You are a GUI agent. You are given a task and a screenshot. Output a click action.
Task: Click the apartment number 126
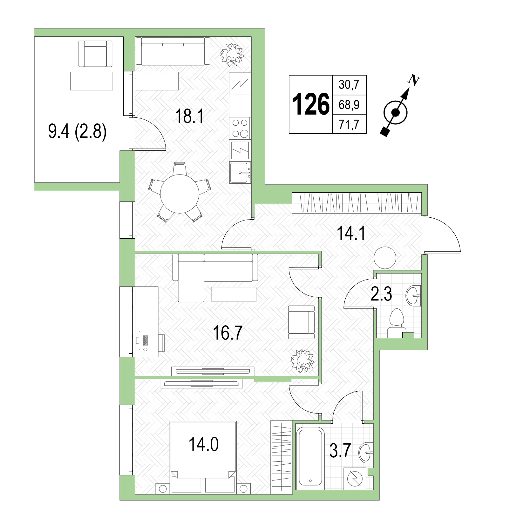(x=311, y=104)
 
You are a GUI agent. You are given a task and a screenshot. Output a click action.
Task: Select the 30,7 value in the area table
(x=349, y=85)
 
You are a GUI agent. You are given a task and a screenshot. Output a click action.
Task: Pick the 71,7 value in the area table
(x=349, y=124)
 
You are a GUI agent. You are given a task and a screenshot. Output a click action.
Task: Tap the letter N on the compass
(x=413, y=80)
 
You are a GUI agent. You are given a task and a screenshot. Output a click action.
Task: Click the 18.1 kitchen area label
(x=189, y=117)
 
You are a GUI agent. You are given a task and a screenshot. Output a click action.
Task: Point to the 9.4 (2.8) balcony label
(x=77, y=132)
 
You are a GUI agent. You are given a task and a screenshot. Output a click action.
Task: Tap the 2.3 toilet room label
(x=381, y=294)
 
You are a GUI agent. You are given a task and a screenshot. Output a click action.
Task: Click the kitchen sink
(x=240, y=173)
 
